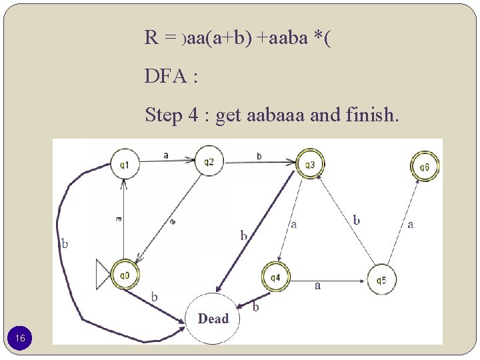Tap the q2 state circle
coord(209,162)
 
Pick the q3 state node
coord(310,165)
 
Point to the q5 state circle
coord(381,280)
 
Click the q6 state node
coord(425,167)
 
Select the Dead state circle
coord(213,319)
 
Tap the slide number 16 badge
coord(21,339)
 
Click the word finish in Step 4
coord(371,116)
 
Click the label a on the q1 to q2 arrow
coord(165,155)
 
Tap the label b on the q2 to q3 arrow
coord(259,155)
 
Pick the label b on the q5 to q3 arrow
coord(357,219)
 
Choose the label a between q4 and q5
coord(317,285)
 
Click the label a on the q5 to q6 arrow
coord(410,225)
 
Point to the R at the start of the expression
coord(151,37)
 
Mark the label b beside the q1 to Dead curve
coord(65,243)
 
